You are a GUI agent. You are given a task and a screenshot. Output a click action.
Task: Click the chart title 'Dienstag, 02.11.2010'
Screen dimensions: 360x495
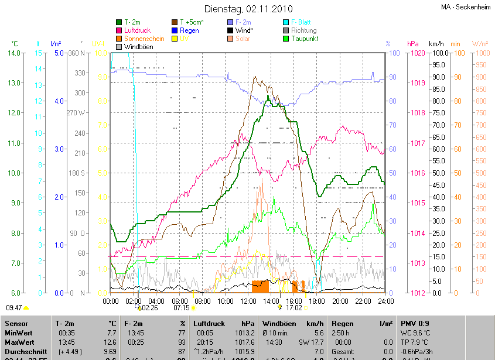coord(247,9)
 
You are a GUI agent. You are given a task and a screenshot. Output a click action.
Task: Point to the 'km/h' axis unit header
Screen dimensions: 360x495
coord(436,44)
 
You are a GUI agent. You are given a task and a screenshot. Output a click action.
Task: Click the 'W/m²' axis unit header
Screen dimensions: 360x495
coord(480,44)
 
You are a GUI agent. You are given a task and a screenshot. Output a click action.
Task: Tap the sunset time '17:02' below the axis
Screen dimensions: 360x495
coord(293,307)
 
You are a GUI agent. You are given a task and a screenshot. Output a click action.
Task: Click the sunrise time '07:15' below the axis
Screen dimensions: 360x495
coord(181,307)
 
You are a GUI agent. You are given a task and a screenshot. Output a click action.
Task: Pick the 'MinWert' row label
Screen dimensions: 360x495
coord(18,332)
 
